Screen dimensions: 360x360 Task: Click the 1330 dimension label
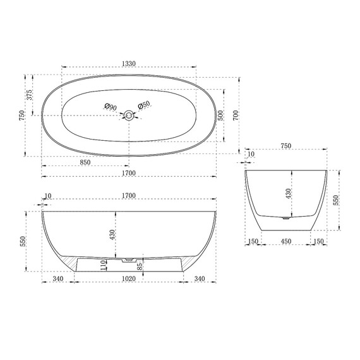pos(129,64)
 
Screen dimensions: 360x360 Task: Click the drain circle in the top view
pos(129,115)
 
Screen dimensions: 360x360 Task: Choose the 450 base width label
pos(287,241)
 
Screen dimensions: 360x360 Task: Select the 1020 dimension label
pos(129,278)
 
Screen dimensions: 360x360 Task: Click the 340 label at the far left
pos(58,278)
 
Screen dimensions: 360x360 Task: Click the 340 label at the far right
pos(199,278)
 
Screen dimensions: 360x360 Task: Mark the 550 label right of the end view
pos(337,200)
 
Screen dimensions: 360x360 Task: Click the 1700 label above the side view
pos(129,196)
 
